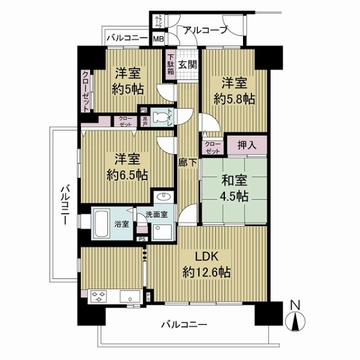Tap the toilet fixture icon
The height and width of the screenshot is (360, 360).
[161, 117]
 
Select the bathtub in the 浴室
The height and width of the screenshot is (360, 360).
[101, 223]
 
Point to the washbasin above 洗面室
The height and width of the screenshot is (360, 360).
[163, 197]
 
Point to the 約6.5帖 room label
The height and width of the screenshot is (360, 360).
[127, 167]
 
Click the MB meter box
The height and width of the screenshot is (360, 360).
[158, 40]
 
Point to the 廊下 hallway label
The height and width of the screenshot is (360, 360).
[185, 161]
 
